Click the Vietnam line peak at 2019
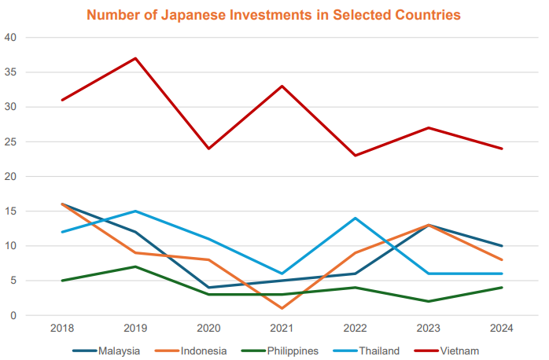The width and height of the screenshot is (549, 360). click(x=135, y=58)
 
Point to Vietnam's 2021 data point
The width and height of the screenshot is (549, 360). click(x=282, y=86)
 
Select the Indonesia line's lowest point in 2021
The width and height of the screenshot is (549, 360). click(x=282, y=308)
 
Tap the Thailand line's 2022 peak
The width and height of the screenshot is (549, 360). click(x=356, y=218)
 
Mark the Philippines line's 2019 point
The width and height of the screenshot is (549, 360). click(x=135, y=266)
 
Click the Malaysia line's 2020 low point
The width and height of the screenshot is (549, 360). click(x=208, y=288)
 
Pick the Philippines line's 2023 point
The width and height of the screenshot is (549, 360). click(x=429, y=301)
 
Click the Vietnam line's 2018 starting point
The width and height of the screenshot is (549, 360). click(x=62, y=100)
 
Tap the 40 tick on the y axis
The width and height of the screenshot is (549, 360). click(x=10, y=38)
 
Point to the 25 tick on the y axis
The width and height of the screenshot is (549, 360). click(x=10, y=141)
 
